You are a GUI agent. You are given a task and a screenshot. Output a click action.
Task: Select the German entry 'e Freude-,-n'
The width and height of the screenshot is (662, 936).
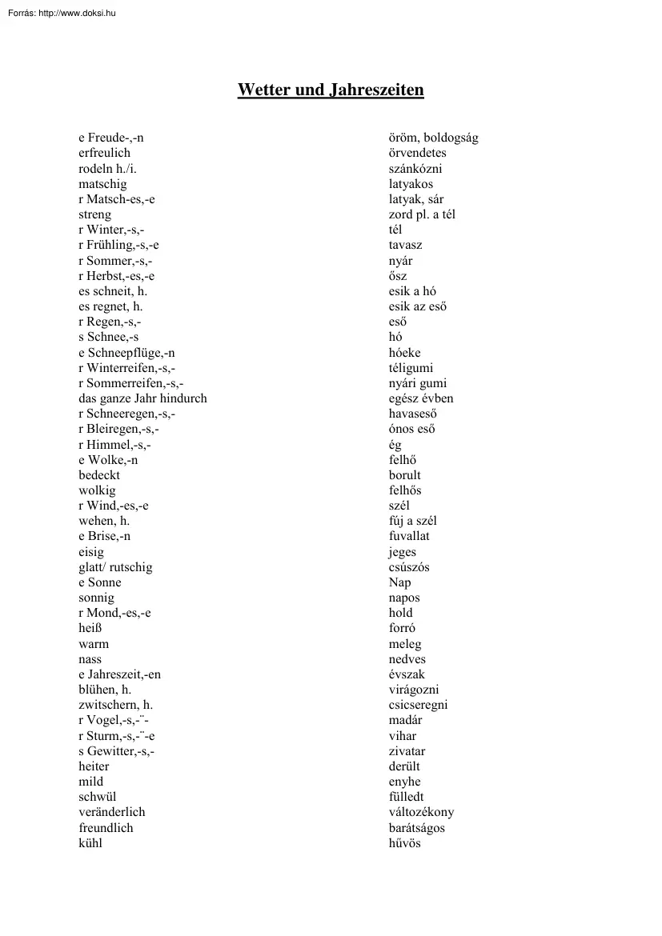(111, 138)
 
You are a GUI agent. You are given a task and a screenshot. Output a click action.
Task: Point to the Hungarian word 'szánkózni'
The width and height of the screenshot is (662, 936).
(415, 169)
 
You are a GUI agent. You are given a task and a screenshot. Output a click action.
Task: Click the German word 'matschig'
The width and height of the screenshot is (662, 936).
(102, 184)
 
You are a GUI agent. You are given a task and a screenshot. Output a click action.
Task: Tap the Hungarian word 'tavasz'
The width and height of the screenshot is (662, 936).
(406, 246)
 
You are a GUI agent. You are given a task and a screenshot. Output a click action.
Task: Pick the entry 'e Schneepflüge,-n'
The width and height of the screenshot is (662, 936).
(126, 353)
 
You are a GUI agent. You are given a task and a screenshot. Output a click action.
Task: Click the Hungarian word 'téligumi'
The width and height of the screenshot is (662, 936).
(411, 368)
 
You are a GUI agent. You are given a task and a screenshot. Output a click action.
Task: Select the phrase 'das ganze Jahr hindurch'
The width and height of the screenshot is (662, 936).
(142, 398)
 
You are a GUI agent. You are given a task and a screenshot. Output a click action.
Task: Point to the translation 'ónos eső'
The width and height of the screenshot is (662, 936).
(412, 430)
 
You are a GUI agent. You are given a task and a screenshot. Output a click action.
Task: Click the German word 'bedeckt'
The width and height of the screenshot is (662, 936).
(99, 475)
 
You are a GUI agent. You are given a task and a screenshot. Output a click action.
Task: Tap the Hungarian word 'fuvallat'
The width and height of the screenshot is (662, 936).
(409, 537)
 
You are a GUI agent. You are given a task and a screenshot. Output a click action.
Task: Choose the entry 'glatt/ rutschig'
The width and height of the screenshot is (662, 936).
(115, 567)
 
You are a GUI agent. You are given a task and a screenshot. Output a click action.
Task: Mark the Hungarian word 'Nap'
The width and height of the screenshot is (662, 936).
(400, 582)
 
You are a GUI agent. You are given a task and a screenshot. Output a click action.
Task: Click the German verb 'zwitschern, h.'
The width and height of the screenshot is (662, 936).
(116, 705)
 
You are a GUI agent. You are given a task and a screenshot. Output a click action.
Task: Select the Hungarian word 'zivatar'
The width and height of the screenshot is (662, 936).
(407, 751)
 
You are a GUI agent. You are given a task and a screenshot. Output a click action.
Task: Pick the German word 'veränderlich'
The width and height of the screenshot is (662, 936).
(112, 812)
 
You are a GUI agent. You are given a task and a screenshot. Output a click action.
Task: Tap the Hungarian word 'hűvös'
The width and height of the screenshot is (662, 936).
(405, 843)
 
